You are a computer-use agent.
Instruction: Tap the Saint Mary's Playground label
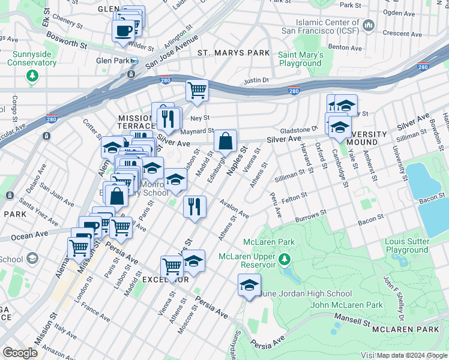pos(300,59)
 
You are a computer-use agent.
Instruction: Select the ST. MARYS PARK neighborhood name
pos(234,53)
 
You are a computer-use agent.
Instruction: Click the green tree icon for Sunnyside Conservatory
pos(32,76)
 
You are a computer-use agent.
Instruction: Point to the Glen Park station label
pos(113,61)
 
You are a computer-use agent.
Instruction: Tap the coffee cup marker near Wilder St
pos(123,30)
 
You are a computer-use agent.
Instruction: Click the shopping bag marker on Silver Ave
pos(225,142)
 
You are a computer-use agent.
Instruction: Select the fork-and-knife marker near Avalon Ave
pos(194,208)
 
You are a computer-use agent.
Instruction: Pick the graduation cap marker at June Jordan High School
pos(249,285)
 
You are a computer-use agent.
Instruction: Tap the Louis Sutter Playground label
pos(406,246)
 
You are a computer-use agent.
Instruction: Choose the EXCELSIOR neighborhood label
pos(166,280)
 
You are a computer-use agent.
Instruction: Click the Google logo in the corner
pos(20,353)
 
